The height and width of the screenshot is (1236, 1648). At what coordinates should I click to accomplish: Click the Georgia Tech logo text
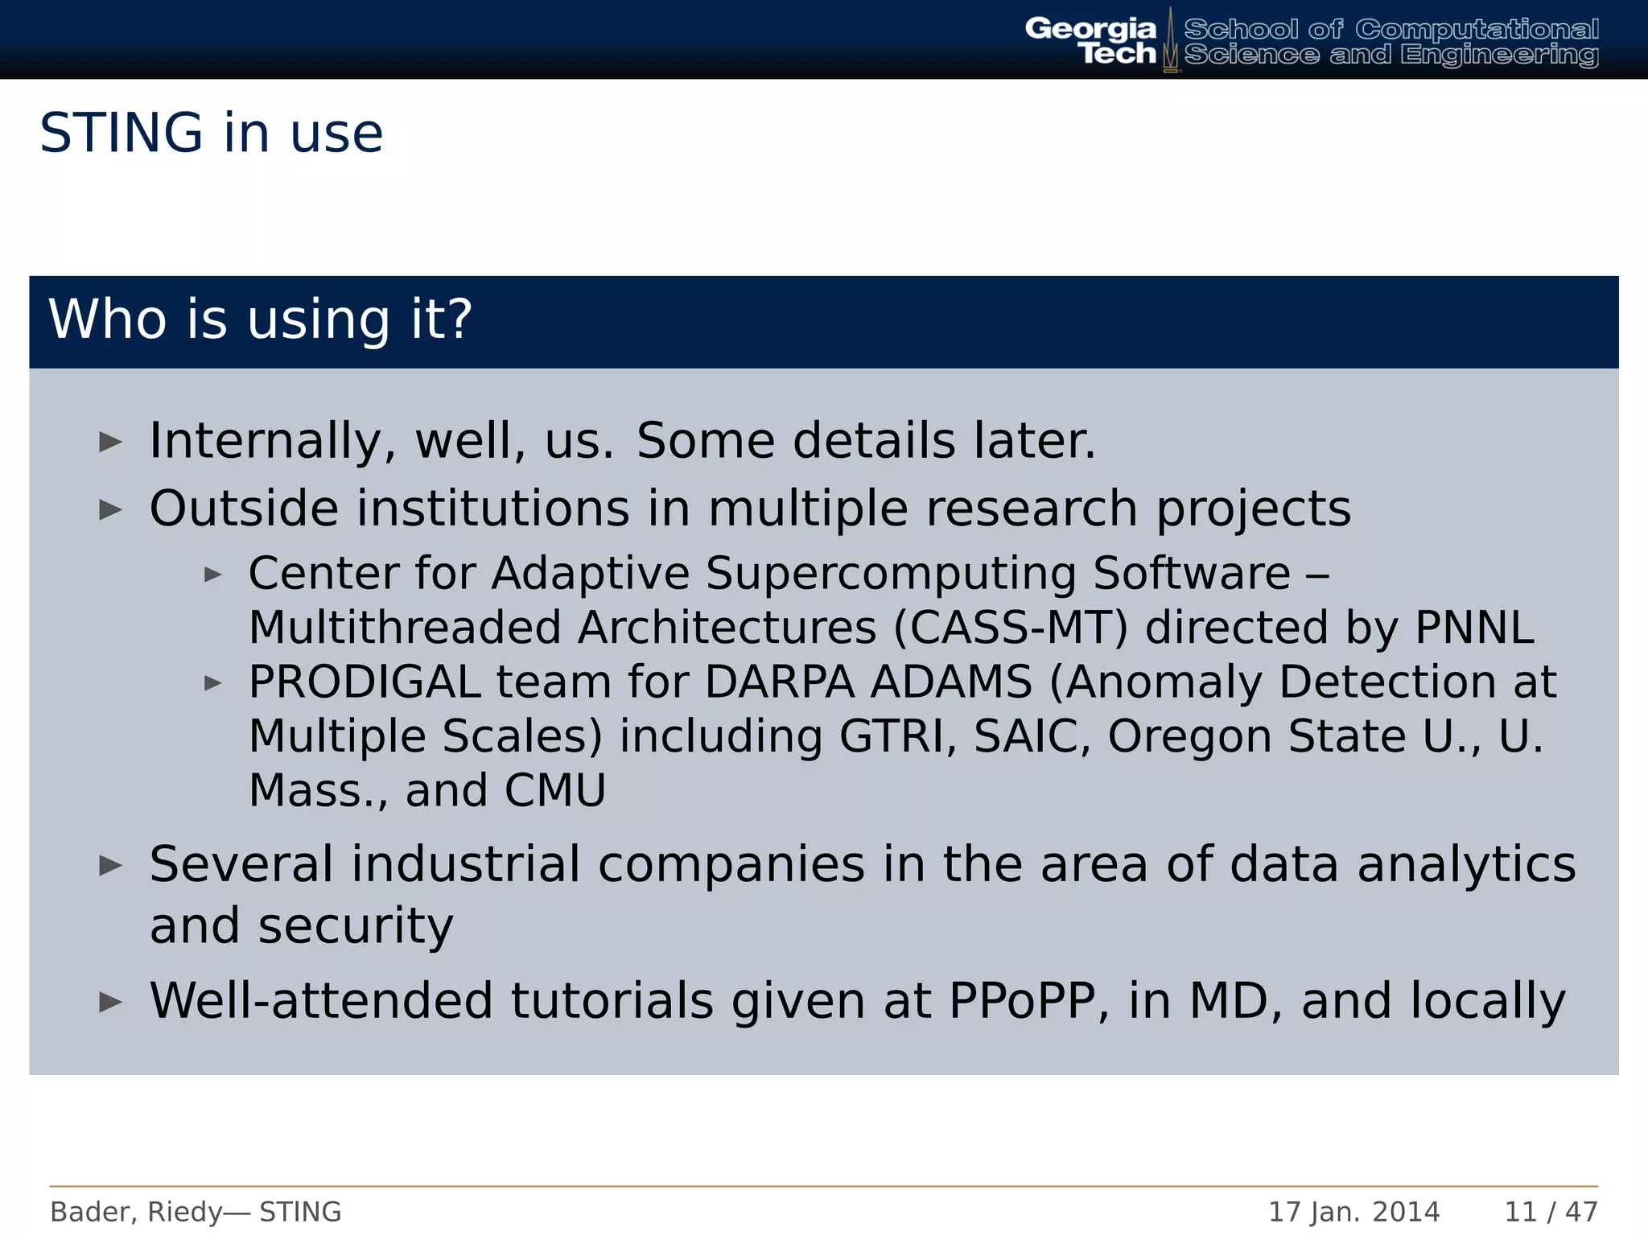[1090, 40]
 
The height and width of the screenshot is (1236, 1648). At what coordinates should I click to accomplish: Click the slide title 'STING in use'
[211, 133]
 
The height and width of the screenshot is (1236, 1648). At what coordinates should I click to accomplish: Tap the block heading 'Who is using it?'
[260, 319]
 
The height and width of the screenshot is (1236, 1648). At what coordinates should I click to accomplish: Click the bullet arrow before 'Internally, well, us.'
[110, 441]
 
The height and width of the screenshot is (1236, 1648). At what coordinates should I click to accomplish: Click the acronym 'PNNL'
[1474, 628]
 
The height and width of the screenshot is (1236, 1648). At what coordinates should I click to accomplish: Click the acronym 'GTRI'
[891, 736]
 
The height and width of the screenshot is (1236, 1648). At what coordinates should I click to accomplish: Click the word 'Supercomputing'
[891, 573]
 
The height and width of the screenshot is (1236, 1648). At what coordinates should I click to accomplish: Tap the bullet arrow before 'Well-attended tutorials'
[110, 1002]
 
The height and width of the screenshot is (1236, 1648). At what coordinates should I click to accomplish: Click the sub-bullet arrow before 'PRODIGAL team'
[212, 683]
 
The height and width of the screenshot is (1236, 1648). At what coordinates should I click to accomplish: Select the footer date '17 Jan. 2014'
[1353, 1211]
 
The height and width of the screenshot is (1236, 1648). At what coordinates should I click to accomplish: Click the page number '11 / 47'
[1551, 1211]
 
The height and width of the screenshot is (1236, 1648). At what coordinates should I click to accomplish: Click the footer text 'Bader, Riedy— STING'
[196, 1211]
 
